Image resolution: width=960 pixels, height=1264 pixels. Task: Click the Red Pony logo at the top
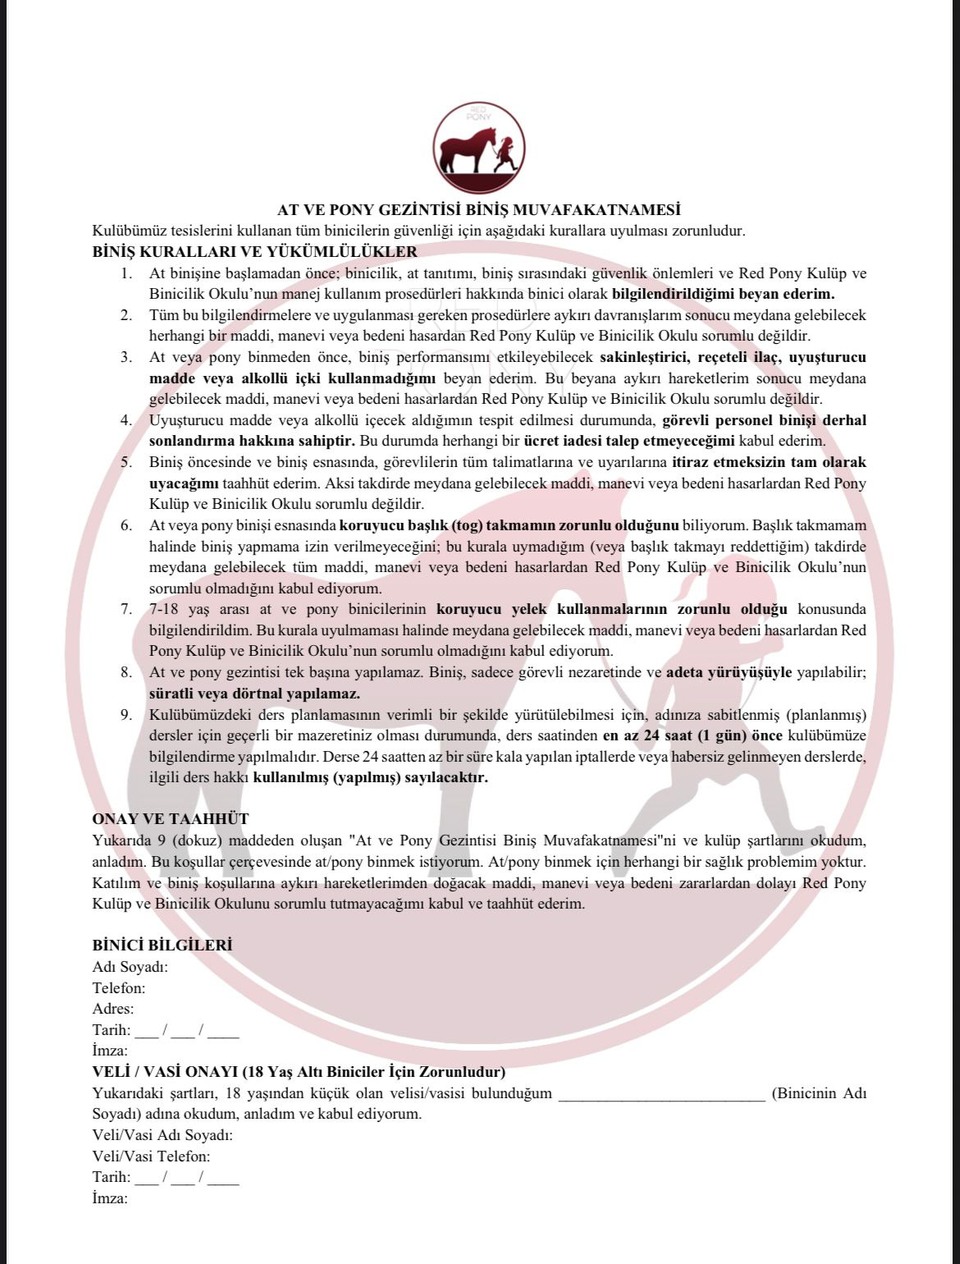[479, 148]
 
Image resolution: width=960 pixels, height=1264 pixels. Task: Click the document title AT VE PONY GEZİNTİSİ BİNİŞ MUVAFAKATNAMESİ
[479, 210]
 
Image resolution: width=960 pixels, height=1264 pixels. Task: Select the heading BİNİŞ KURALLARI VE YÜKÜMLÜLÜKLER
[255, 252]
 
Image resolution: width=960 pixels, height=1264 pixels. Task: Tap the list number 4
[126, 420]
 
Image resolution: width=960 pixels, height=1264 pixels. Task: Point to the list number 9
[126, 715]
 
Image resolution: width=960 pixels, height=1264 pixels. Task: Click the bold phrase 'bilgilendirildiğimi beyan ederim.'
[723, 294]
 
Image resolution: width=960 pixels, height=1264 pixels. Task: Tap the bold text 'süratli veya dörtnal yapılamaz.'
[244, 694]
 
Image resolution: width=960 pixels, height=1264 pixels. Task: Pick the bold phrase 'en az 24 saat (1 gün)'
[675, 736]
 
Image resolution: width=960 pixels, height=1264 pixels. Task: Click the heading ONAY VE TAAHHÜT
[171, 819]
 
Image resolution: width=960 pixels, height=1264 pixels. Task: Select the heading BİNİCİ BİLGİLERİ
[162, 946]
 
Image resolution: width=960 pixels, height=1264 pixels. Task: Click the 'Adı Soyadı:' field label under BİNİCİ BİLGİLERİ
[130, 967]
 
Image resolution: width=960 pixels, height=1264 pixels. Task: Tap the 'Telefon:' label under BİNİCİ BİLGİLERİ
[119, 988]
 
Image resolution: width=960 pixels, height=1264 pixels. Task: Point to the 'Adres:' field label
[113, 1009]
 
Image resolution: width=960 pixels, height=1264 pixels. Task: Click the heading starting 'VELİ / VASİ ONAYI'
[299, 1072]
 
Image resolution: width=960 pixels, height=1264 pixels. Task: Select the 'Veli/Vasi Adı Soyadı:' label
[162, 1135]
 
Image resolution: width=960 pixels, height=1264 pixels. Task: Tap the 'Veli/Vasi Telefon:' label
[152, 1156]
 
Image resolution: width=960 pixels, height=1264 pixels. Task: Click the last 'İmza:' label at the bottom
[110, 1198]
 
